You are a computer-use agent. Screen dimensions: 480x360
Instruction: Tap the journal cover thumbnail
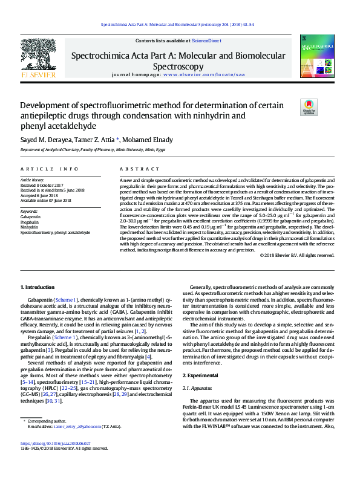[316, 59]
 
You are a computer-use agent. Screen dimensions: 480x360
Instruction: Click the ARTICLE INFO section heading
[49, 169]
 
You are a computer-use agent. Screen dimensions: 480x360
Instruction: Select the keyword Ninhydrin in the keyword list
[30, 227]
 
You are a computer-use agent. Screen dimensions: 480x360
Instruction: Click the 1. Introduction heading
[38, 287]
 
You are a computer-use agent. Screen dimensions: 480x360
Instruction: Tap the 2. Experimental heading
[201, 375]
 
